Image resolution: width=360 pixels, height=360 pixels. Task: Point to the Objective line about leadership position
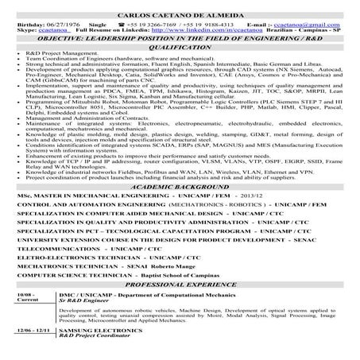click(x=180, y=39)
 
